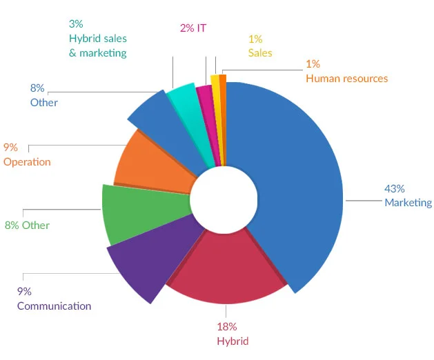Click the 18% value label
[227, 326]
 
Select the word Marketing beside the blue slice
[408, 203]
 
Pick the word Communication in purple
[54, 306]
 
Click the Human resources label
[346, 79]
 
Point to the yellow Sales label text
[260, 53]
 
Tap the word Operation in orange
[27, 162]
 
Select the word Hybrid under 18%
[233, 341]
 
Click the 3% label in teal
[76, 24]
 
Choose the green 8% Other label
[27, 225]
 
